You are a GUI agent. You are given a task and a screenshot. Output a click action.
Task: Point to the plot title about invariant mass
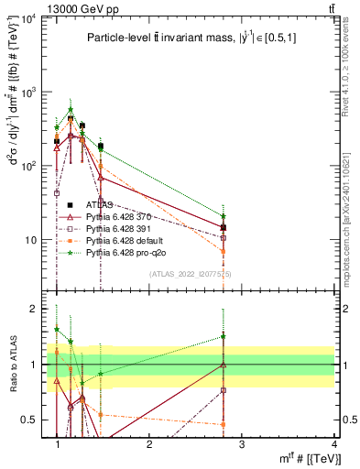[195, 38]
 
